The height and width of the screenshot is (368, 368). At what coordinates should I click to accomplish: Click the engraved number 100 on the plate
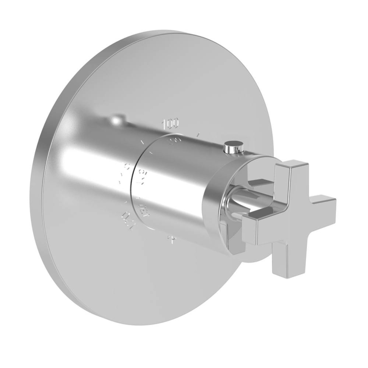pyautogui.click(x=170, y=124)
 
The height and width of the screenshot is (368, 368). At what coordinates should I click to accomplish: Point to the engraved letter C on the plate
pyautogui.click(x=126, y=166)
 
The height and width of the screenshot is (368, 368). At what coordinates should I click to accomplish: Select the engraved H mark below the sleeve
pyautogui.click(x=171, y=240)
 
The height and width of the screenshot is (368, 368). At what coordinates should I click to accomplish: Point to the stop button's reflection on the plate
pyautogui.click(x=118, y=120)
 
